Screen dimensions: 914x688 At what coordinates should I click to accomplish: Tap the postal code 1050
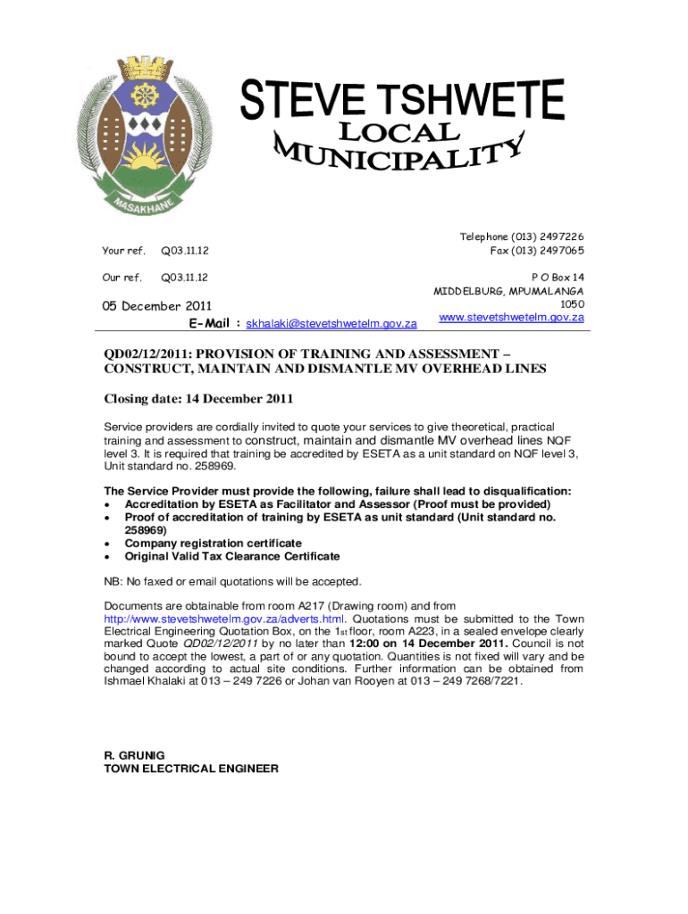(572, 303)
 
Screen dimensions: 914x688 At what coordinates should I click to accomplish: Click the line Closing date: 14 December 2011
(198, 398)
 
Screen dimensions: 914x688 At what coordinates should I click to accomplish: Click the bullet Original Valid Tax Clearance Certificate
(231, 556)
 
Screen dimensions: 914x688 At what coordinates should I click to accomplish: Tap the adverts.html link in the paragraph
(224, 619)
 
